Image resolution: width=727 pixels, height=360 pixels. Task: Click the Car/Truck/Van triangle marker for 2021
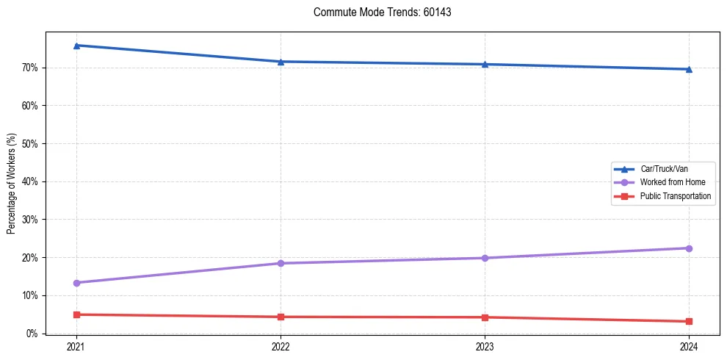pyautogui.click(x=76, y=46)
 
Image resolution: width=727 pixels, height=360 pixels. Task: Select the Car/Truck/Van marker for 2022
pyautogui.click(x=281, y=62)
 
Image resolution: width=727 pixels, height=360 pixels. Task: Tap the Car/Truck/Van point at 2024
pyautogui.click(x=689, y=69)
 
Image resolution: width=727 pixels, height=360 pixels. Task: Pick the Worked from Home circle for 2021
pyautogui.click(x=76, y=283)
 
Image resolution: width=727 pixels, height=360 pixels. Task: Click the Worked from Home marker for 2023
pyautogui.click(x=485, y=258)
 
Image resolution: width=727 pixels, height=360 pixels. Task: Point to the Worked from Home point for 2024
pyautogui.click(x=689, y=248)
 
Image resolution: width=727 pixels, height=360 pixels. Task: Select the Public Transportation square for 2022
pyautogui.click(x=281, y=317)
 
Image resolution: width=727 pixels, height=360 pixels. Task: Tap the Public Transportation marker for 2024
pyautogui.click(x=689, y=321)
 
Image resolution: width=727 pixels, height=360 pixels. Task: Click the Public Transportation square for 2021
pyautogui.click(x=76, y=314)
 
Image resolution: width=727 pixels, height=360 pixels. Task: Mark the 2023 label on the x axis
pyautogui.click(x=485, y=346)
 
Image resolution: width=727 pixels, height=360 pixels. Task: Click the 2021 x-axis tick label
pyautogui.click(x=76, y=346)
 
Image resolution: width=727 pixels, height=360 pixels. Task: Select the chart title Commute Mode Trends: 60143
pyautogui.click(x=377, y=12)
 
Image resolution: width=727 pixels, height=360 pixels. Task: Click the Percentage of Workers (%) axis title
pyautogui.click(x=12, y=183)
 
